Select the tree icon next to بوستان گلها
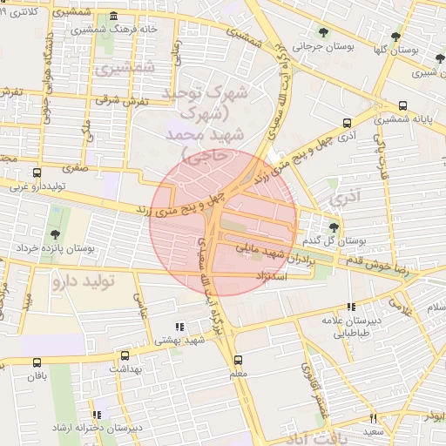click(396, 36)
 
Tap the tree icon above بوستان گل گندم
click(334, 227)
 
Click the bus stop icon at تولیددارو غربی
click(36, 172)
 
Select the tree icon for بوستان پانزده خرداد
click(56, 234)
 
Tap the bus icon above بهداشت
click(125, 355)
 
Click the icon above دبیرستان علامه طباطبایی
click(350, 307)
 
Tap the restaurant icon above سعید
click(373, 418)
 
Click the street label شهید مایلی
click(260, 248)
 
